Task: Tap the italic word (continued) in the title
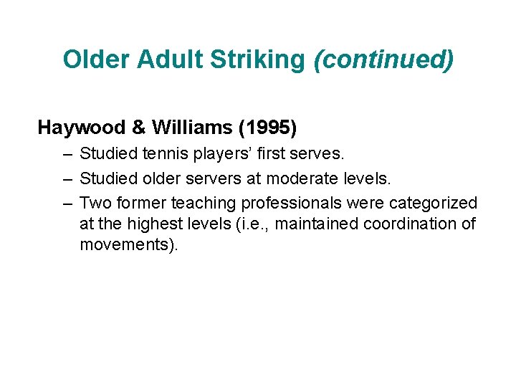[x=384, y=59]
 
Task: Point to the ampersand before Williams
[x=138, y=128]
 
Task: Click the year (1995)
[x=269, y=128]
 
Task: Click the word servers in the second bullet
[x=209, y=178]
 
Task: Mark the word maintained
[x=316, y=224]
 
